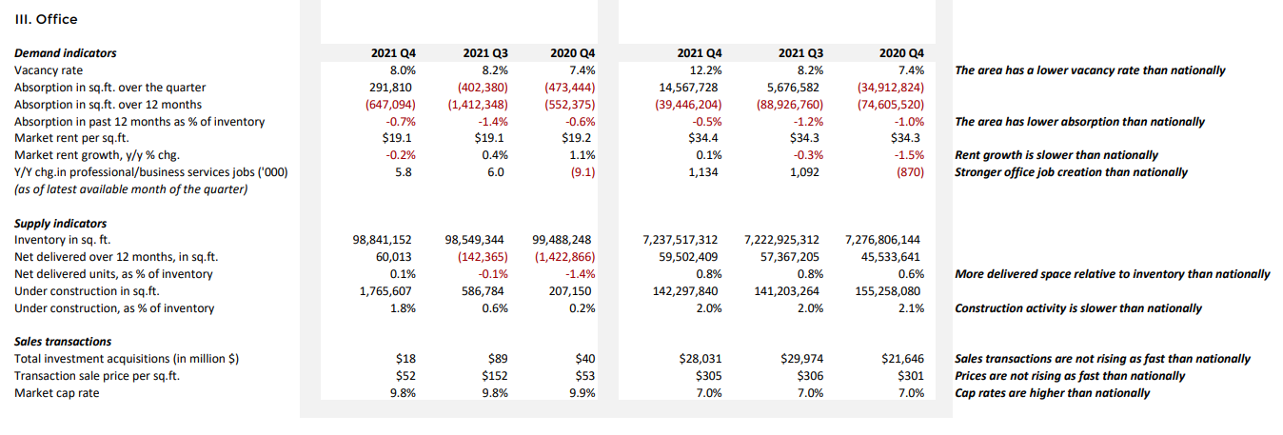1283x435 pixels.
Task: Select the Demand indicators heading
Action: [66, 53]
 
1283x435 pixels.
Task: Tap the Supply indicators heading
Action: [61, 223]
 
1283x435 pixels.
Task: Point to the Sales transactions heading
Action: [63, 342]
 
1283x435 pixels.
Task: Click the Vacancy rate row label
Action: [49, 70]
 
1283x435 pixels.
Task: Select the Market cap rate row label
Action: [57, 393]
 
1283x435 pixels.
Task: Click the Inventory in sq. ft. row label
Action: [69, 240]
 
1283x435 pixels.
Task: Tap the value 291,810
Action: [393, 88]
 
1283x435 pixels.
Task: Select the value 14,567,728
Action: [685, 88]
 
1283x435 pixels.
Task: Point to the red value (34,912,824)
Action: [891, 88]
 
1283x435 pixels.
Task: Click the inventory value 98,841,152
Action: [385, 240]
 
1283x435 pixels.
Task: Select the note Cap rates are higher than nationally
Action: [1052, 393]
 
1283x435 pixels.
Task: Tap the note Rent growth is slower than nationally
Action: [1056, 155]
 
